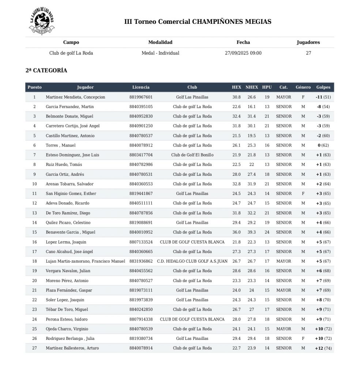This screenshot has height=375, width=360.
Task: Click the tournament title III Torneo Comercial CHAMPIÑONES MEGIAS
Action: coord(198,22)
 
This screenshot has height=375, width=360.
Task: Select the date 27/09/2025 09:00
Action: coord(243,53)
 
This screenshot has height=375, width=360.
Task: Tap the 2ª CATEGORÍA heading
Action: coord(46,71)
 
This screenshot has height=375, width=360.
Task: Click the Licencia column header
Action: coord(141,87)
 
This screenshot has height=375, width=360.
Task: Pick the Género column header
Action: coord(303,87)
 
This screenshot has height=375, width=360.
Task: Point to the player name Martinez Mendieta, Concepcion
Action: coord(75,97)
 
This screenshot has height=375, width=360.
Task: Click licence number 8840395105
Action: coord(141,107)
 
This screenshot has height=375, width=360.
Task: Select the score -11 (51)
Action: coord(323,97)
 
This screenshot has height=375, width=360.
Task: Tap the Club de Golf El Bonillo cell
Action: coord(192,155)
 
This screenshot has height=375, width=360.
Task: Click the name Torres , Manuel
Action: coord(61,145)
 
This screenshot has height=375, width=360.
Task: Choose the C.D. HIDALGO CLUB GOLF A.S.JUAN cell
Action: coord(192,261)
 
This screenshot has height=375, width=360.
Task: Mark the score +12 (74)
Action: coord(323,348)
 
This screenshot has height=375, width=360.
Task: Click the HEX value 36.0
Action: coord(236,232)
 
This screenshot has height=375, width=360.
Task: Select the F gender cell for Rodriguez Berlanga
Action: coord(303,339)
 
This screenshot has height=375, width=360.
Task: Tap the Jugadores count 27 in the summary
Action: coord(308,53)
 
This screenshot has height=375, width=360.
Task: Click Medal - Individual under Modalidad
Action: coord(160,53)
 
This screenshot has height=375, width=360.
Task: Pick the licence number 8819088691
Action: coord(141,223)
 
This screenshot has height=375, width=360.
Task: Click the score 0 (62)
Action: coord(323,145)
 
